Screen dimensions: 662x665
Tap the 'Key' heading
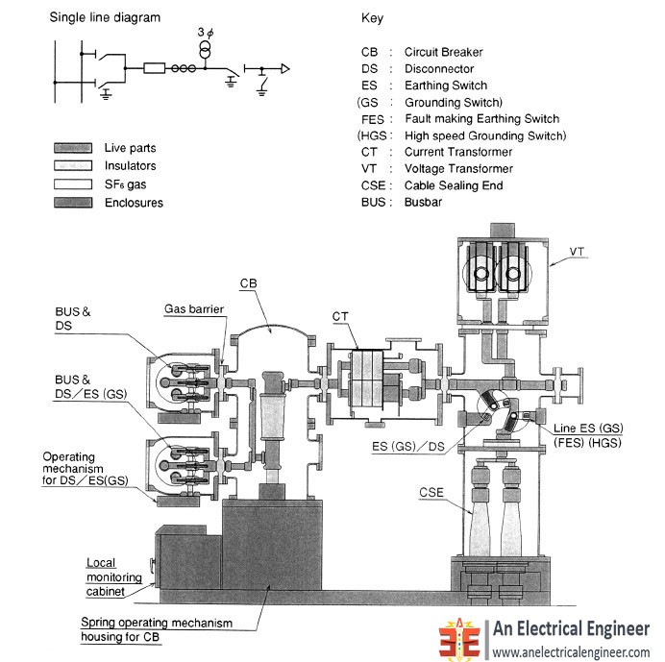(x=372, y=17)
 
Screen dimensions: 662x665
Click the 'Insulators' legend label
(x=131, y=166)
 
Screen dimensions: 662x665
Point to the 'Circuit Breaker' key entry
(x=443, y=52)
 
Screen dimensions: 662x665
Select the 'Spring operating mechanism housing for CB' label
(x=156, y=629)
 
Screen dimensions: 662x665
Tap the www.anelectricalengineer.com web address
(x=573, y=651)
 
